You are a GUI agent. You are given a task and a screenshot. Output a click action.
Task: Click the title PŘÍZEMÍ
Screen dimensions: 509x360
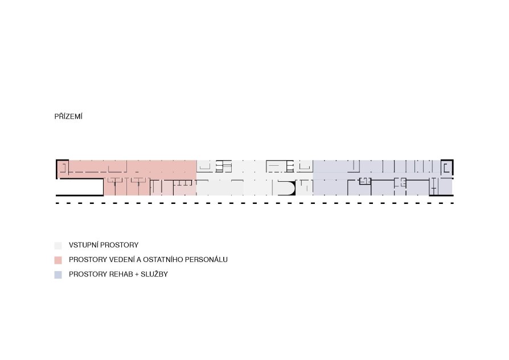pyautogui.click(x=68, y=116)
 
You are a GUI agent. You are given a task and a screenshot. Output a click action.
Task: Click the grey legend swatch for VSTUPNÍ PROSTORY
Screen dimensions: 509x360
pyautogui.click(x=58, y=246)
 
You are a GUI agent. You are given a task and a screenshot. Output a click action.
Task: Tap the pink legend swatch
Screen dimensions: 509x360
pyautogui.click(x=58, y=260)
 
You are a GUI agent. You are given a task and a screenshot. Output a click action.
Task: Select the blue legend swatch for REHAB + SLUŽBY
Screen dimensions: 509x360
pyautogui.click(x=58, y=275)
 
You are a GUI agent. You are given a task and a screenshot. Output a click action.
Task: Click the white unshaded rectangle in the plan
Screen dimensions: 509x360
pyautogui.click(x=80, y=187)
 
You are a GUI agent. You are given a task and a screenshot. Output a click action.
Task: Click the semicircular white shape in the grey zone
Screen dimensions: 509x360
pyautogui.click(x=286, y=188)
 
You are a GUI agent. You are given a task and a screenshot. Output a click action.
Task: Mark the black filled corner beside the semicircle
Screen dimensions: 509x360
pyautogui.click(x=293, y=189)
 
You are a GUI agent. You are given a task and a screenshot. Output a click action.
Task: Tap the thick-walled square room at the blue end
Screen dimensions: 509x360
pyautogui.click(x=447, y=167)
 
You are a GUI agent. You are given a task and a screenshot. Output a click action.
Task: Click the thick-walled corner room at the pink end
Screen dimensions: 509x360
pyautogui.click(x=62, y=167)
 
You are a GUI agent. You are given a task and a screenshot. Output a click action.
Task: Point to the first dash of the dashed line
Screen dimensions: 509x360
pyautogui.click(x=58, y=203)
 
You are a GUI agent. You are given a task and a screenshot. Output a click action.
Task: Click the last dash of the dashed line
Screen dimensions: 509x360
pyautogui.click(x=452, y=203)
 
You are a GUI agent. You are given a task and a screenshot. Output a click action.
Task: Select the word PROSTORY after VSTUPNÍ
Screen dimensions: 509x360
pyautogui.click(x=119, y=245)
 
